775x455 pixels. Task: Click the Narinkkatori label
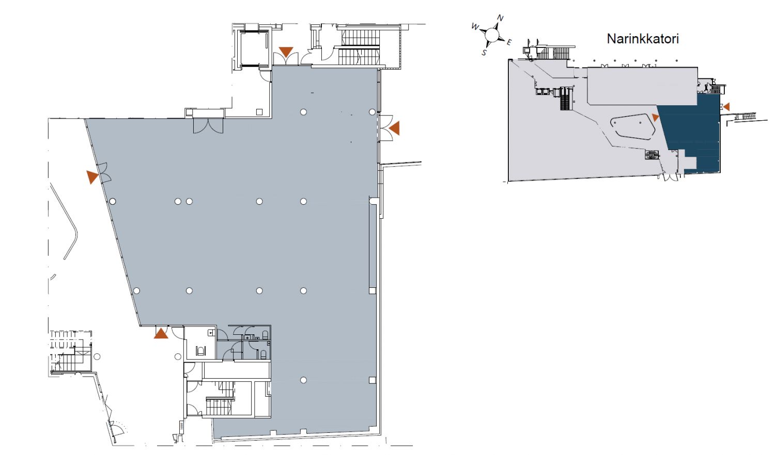pyautogui.click(x=643, y=39)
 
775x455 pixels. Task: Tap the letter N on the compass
pyautogui.click(x=500, y=18)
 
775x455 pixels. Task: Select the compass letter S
pyautogui.click(x=485, y=52)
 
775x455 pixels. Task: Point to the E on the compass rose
pyautogui.click(x=509, y=42)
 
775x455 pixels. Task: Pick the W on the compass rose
pyautogui.click(x=475, y=27)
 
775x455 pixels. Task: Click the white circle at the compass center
pyautogui.click(x=491, y=35)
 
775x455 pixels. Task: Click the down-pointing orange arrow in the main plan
pyautogui.click(x=286, y=52)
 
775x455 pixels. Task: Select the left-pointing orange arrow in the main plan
pyautogui.click(x=394, y=128)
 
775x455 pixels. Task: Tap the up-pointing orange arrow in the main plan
pyautogui.click(x=161, y=333)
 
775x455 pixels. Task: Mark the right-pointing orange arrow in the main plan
pyautogui.click(x=92, y=177)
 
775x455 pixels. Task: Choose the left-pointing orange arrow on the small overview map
pyautogui.click(x=726, y=107)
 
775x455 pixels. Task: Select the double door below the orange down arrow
pyautogui.click(x=286, y=59)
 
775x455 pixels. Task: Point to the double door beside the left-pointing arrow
pyautogui.click(x=385, y=128)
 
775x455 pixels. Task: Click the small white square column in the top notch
pyautogui.click(x=259, y=112)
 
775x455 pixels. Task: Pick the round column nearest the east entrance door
pyautogui.click(x=372, y=112)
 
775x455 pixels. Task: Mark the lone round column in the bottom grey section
pyautogui.click(x=303, y=380)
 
